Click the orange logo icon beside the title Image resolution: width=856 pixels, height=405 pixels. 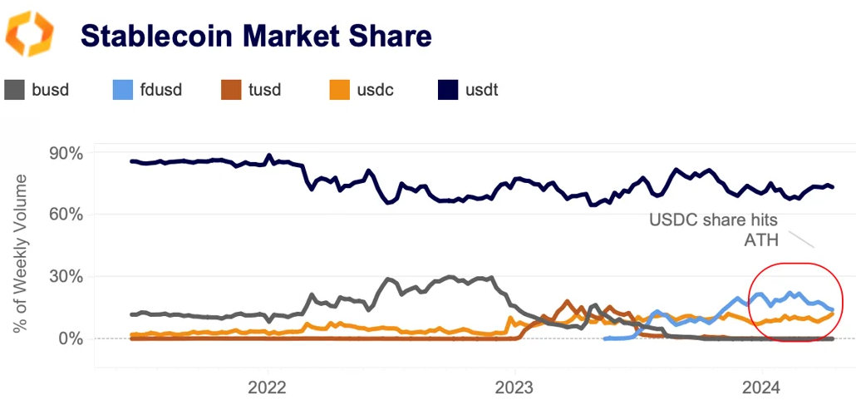point(30,34)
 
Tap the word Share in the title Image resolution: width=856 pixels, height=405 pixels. point(391,36)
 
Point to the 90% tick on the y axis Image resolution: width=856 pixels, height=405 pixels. point(66,153)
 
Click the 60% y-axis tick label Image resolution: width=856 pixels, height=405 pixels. point(66,215)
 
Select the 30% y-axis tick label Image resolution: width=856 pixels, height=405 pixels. point(66,276)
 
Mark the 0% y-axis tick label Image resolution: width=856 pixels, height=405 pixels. point(70,338)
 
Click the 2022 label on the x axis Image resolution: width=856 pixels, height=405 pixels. point(268,387)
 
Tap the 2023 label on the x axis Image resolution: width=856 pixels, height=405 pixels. point(514,387)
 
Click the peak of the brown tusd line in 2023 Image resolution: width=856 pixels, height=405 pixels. point(567,302)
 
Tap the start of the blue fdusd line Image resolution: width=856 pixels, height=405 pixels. point(605,338)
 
